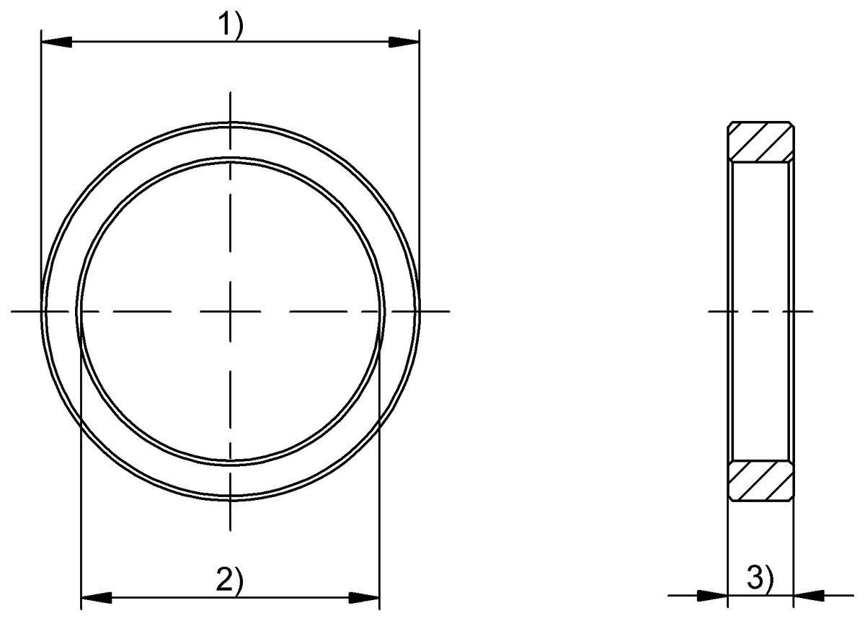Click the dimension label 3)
[761, 578]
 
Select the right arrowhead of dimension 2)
[364, 597]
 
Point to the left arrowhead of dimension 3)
[714, 595]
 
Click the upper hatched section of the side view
[761, 141]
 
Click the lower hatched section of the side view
[761, 481]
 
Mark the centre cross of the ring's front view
[230, 311]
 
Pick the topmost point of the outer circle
[230, 123]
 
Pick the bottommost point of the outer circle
[230, 500]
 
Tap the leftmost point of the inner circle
[77, 311]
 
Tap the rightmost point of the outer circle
[419, 311]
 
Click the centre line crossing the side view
[761, 311]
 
